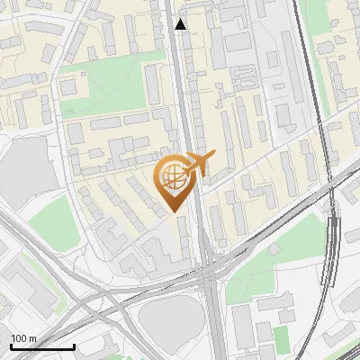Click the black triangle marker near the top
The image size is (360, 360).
coord(181,24)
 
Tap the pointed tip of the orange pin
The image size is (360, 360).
coord(175,211)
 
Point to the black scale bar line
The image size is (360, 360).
coord(42,347)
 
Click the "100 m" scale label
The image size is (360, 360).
coord(23,339)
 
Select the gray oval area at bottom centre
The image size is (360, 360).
coord(168,319)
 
